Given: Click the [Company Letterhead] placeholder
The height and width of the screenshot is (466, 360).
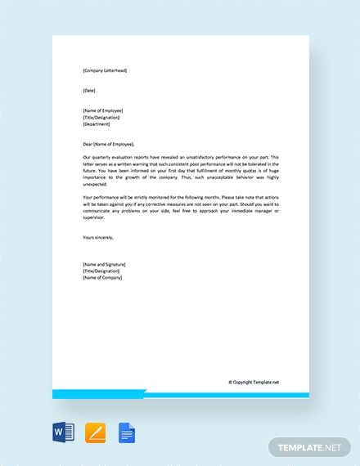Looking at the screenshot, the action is click(x=105, y=70).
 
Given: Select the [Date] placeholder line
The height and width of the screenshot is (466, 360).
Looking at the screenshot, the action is click(x=89, y=90).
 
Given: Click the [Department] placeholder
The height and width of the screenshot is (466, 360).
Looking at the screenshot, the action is click(x=97, y=123).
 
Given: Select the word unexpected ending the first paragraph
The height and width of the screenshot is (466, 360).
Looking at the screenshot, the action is click(x=96, y=184).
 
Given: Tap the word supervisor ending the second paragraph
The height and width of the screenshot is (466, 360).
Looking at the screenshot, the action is click(x=97, y=217).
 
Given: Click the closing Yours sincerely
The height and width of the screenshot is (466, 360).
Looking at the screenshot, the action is click(x=98, y=237).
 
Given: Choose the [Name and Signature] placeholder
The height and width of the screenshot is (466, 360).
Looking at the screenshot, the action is click(x=104, y=264).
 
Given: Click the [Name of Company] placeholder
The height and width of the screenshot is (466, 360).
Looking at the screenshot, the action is click(x=102, y=278).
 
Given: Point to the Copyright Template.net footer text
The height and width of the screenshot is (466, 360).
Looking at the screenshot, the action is click(x=254, y=382).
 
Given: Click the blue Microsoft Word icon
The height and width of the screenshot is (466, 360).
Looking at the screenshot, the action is click(x=64, y=432).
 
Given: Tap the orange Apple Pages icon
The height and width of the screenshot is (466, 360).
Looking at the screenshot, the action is click(x=95, y=432).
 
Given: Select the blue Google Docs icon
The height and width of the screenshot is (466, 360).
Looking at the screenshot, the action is click(x=126, y=432).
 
